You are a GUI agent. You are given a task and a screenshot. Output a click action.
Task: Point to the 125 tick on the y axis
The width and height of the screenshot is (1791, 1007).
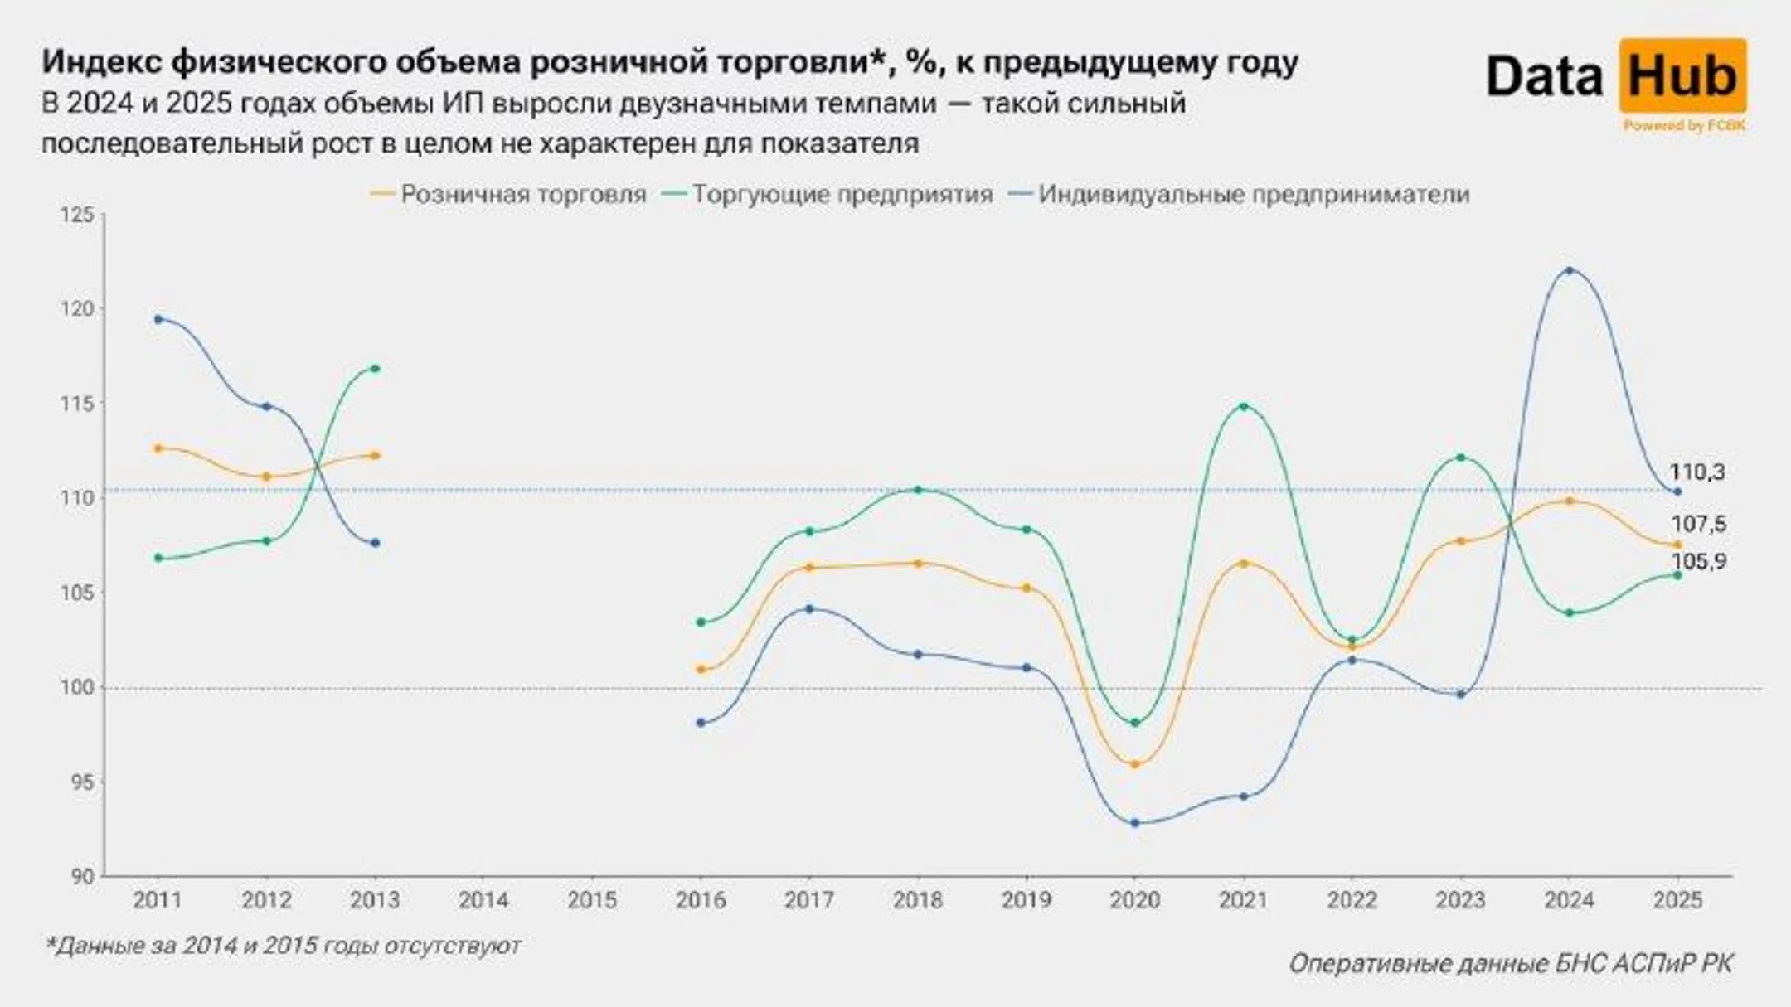tap(78, 215)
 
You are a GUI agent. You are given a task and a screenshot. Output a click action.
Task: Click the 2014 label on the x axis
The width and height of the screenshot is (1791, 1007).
tap(483, 900)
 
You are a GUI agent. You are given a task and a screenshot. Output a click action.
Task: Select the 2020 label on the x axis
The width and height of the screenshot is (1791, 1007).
tap(1135, 900)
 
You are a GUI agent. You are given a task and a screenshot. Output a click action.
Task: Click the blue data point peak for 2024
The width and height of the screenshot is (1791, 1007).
tap(1569, 271)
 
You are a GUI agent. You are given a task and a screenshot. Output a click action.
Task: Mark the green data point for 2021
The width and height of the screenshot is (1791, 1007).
tap(1244, 407)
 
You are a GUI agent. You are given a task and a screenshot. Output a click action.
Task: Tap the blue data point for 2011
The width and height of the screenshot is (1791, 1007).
tap(158, 319)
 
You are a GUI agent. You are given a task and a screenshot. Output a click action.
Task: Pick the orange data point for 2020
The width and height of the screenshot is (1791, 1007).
tap(1135, 764)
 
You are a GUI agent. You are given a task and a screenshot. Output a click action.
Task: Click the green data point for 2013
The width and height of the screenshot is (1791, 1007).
tap(376, 368)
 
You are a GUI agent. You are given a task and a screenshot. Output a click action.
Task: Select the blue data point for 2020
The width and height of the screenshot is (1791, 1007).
tap(1135, 823)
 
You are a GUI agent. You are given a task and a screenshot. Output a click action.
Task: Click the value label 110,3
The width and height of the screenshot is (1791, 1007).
tap(1696, 472)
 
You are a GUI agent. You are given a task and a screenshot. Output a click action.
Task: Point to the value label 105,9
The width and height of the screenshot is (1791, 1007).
tap(1698, 562)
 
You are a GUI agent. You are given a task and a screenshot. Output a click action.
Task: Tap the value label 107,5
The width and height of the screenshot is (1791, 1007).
tap(1698, 524)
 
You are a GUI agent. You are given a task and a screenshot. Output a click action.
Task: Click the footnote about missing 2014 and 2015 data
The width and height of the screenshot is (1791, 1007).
tap(283, 946)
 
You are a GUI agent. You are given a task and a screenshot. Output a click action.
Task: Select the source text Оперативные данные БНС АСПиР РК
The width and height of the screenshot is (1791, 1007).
tap(1510, 964)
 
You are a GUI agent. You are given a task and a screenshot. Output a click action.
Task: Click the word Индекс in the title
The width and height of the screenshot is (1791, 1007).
tap(100, 63)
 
